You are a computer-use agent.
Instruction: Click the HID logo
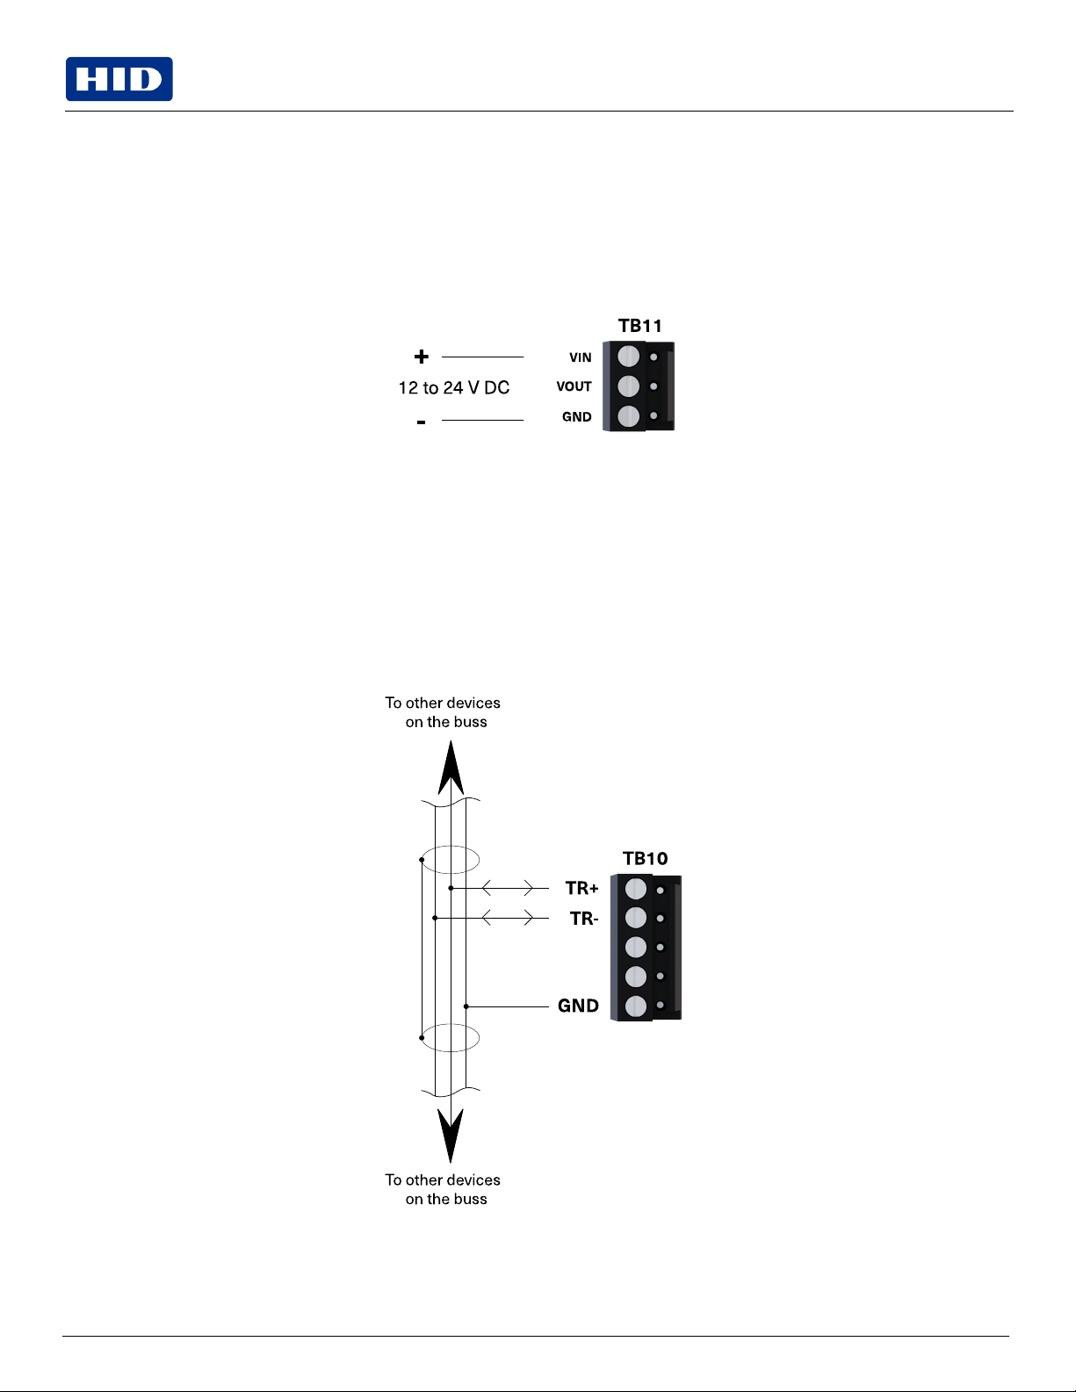[x=119, y=79]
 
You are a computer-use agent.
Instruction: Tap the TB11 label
[x=639, y=326]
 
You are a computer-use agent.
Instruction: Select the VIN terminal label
[x=581, y=357]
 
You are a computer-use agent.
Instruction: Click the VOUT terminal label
[x=574, y=386]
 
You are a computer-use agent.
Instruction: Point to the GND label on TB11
[x=576, y=417]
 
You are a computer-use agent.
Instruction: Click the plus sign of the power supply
[x=421, y=357]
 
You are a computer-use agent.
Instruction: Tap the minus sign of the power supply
[x=421, y=422]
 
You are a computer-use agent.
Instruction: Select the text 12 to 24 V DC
[x=454, y=387]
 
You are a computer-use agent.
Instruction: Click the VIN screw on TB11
[x=628, y=357]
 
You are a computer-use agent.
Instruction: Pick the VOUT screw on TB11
[x=628, y=386]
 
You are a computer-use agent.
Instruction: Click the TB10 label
[x=645, y=858]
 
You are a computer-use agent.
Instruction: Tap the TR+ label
[x=581, y=888]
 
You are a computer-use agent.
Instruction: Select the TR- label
[x=584, y=919]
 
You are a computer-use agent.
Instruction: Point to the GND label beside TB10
[x=578, y=1006]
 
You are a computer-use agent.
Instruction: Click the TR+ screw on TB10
[x=635, y=889]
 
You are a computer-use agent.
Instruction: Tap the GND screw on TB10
[x=635, y=1006]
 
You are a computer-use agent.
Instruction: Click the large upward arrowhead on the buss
[x=451, y=768]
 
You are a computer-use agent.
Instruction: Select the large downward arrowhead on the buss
[x=451, y=1136]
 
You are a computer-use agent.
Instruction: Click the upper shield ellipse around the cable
[x=451, y=860]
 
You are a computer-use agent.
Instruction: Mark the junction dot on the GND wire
[x=466, y=1006]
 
